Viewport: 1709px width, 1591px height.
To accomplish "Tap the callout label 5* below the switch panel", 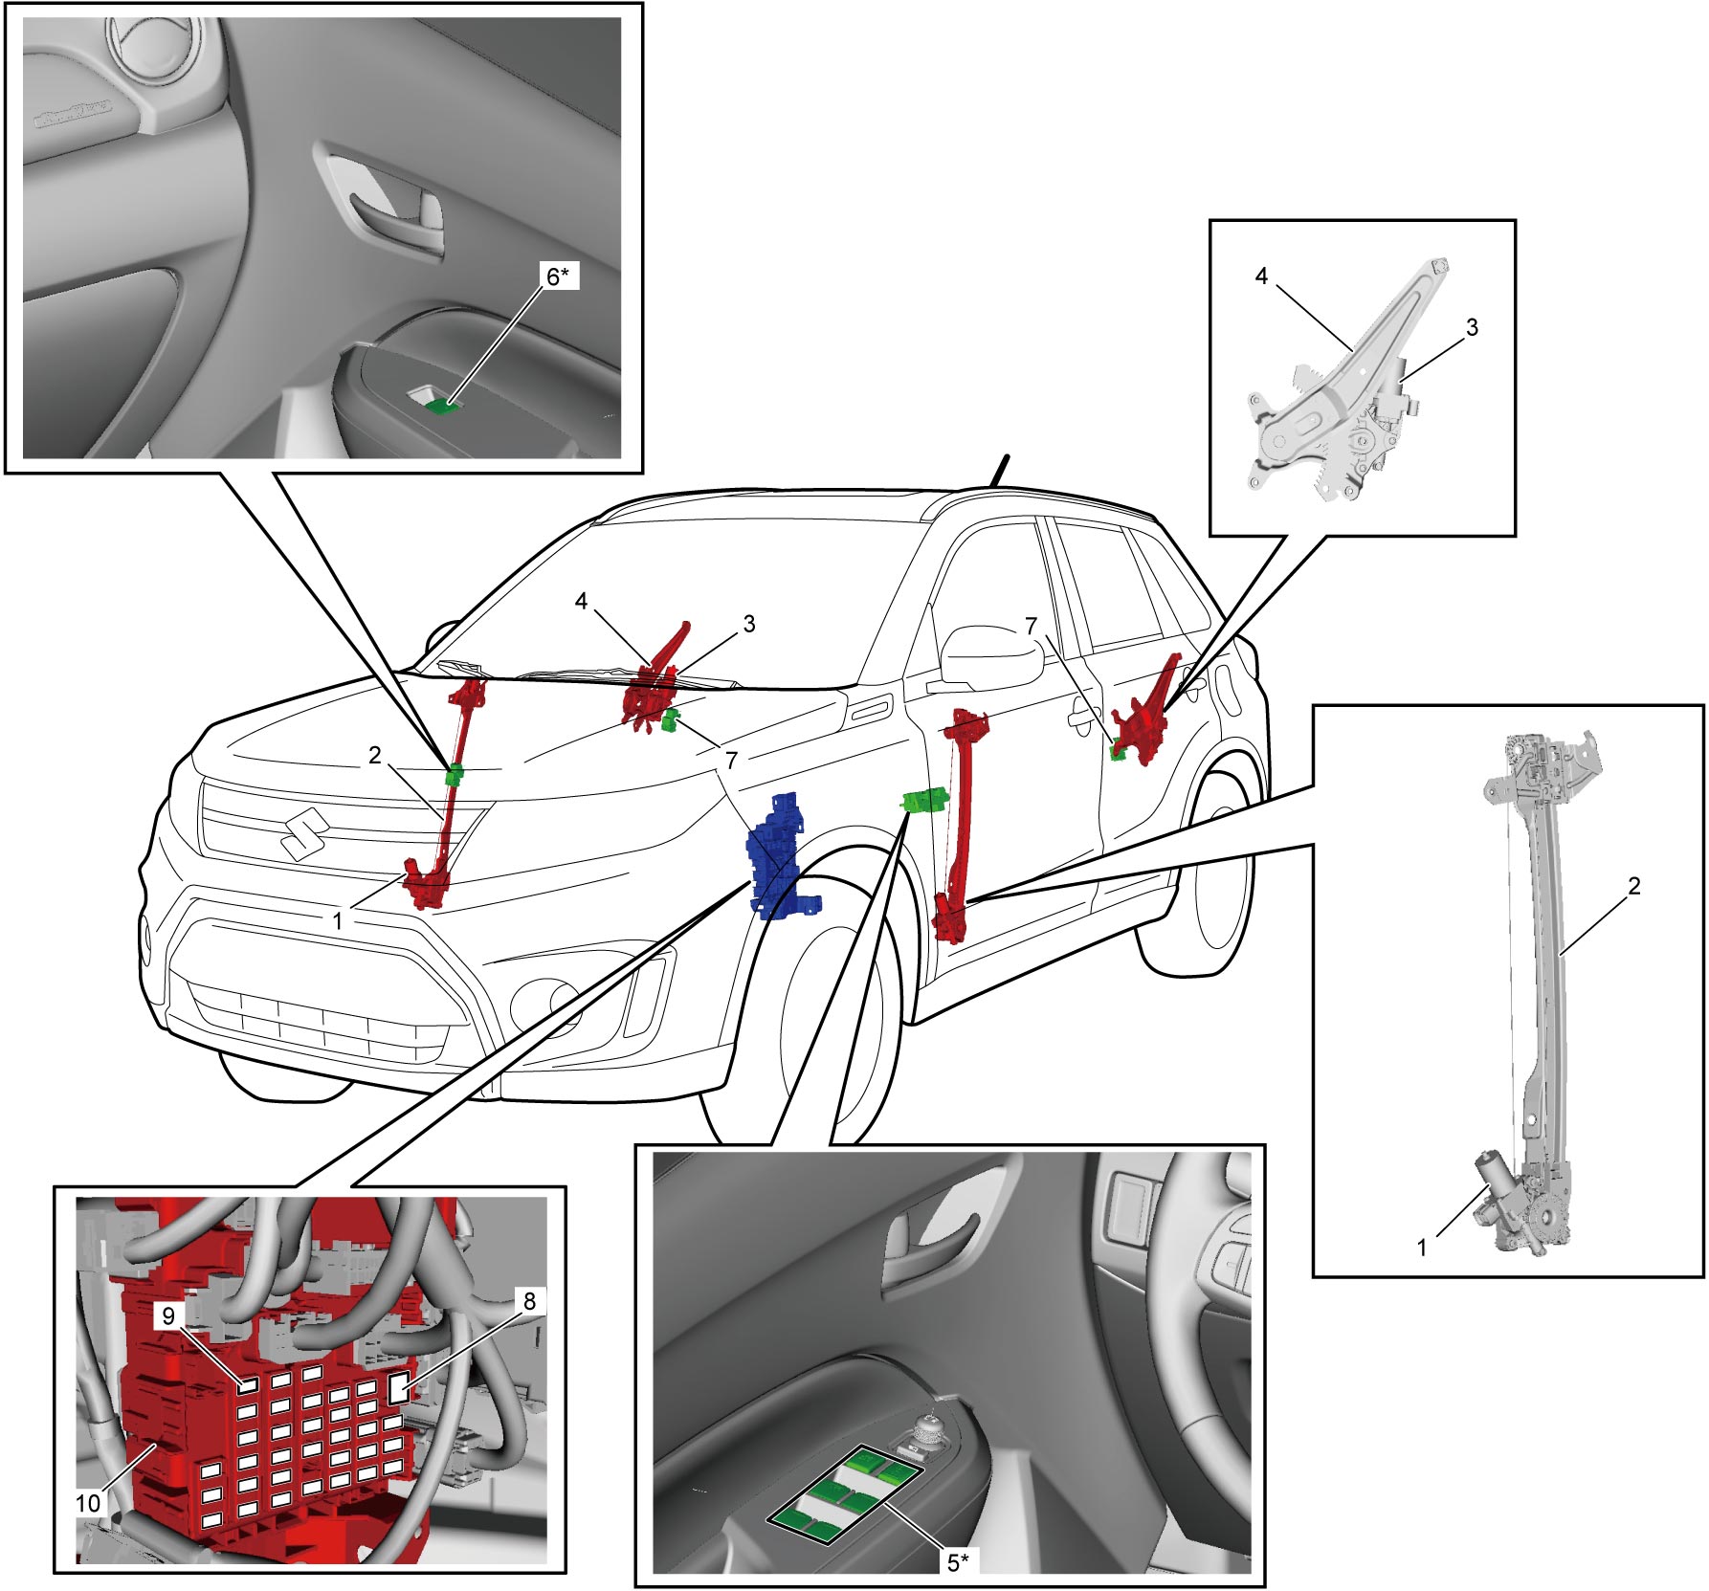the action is (958, 1562).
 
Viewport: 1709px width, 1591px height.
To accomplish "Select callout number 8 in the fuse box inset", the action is (528, 1301).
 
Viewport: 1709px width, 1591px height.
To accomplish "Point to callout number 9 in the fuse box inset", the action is (168, 1315).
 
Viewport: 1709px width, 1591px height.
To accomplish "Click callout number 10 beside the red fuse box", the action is (89, 1503).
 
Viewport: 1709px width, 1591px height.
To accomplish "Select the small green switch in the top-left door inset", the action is (441, 407).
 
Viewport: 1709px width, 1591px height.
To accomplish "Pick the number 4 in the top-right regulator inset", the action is (1261, 276).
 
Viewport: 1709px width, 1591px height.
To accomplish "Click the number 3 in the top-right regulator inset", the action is (1472, 327).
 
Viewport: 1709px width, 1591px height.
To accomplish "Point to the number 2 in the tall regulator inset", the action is (1634, 886).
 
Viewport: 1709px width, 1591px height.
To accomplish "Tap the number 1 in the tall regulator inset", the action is (1422, 1248).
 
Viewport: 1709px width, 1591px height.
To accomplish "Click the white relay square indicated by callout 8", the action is (399, 1387).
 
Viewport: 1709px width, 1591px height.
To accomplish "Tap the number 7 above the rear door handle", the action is (1031, 626).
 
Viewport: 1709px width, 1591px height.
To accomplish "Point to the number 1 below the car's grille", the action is (337, 921).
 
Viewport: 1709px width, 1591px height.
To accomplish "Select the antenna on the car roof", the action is (998, 471).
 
